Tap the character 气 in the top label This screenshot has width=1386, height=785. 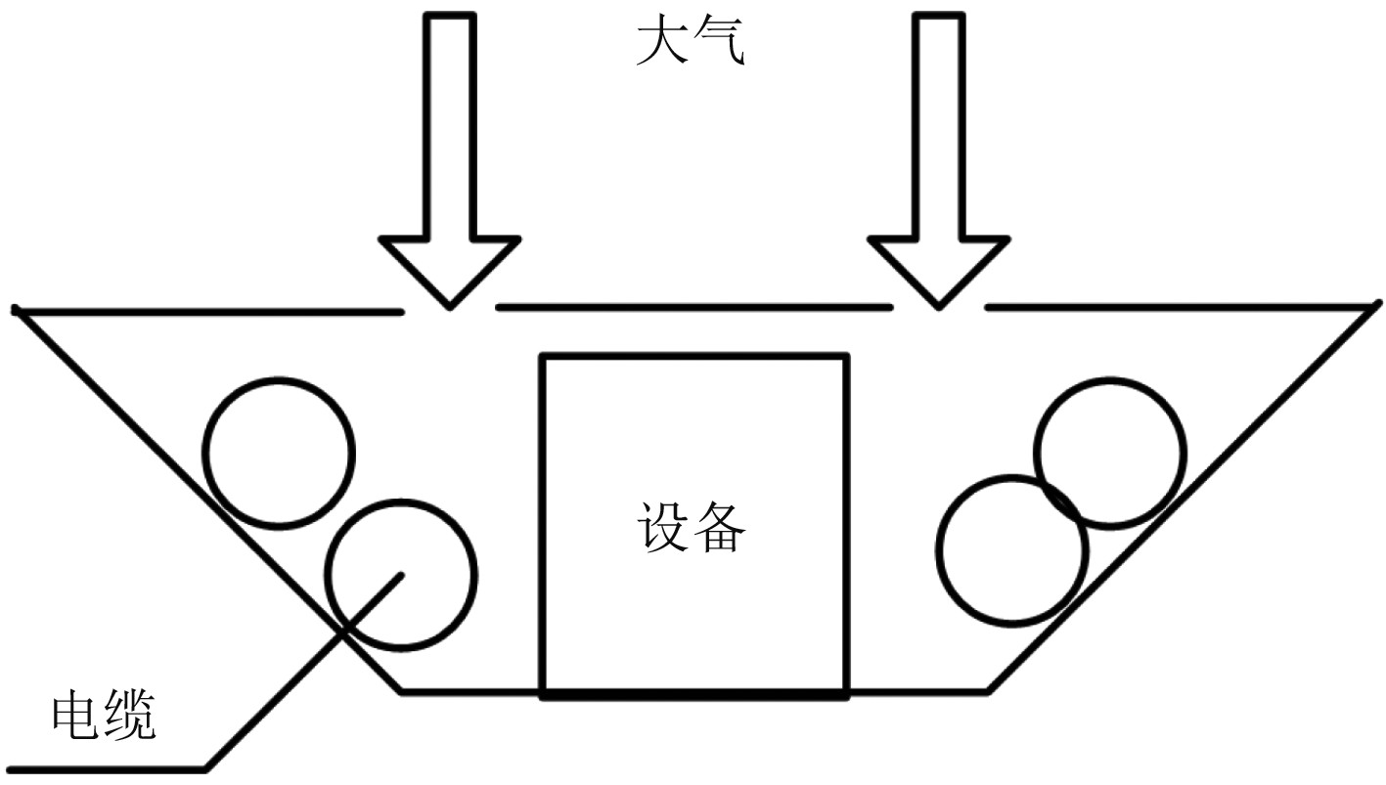(x=722, y=43)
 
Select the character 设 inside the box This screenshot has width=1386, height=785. (x=665, y=528)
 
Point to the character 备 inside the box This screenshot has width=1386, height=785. (x=722, y=528)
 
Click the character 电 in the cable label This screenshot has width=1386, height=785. (x=75, y=717)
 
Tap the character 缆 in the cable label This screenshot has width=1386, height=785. (x=130, y=717)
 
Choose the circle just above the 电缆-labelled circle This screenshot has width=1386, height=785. (x=278, y=453)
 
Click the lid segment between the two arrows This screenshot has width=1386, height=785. (x=694, y=307)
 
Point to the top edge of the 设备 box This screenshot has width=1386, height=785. (x=694, y=358)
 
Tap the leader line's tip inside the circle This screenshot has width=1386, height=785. (x=400, y=576)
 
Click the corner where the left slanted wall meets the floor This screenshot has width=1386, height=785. (x=401, y=691)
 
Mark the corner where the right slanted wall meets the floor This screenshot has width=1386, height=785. (x=988, y=691)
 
